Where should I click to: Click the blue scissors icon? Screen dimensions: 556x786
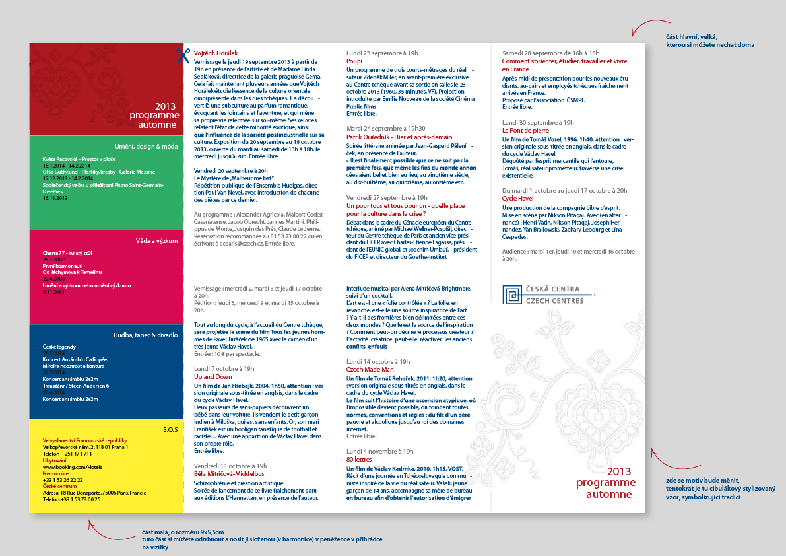pos(183,55)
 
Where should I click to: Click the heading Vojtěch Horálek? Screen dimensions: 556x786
pos(216,53)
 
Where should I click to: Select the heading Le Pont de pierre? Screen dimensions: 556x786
pos(525,131)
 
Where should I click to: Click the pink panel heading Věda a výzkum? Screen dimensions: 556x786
pos(156,240)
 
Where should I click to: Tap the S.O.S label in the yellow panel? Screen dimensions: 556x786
pos(170,430)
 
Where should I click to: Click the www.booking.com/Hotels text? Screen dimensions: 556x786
pos(72,467)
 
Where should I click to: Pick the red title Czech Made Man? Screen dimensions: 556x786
pos(370,370)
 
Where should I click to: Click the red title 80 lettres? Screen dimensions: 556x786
pos(359,459)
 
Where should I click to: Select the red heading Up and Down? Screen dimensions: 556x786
pos(213,376)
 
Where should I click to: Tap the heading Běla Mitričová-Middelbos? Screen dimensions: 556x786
pos(229,474)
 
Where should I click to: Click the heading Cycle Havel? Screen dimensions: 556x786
pos(518,198)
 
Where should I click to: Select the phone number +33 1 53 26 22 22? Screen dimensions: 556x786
pos(63,480)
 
